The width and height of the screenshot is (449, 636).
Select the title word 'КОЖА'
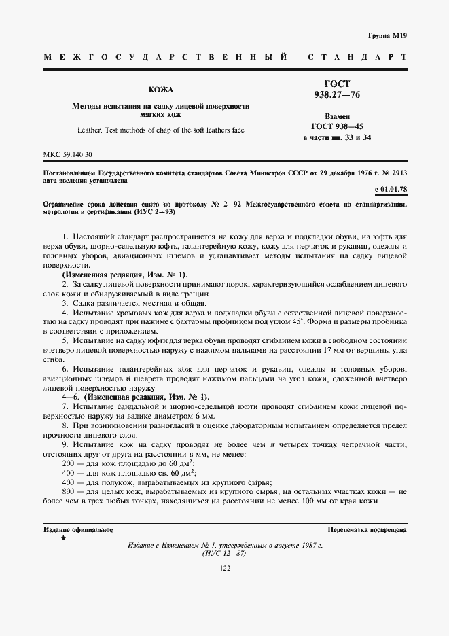[161, 89]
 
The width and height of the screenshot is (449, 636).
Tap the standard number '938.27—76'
[337, 95]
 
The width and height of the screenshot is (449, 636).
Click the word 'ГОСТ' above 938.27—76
[337, 84]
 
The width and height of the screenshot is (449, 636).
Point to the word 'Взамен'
[337, 116]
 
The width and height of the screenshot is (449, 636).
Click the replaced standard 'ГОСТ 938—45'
[337, 126]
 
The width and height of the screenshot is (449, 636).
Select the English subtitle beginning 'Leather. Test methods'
[161, 129]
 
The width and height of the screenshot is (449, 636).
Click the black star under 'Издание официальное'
[63, 538]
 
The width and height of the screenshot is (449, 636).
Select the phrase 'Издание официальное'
[77, 529]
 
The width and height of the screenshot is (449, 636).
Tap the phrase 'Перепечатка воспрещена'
[367, 529]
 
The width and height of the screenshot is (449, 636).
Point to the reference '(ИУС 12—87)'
[225, 553]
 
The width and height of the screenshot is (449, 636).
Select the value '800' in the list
[67, 491]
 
